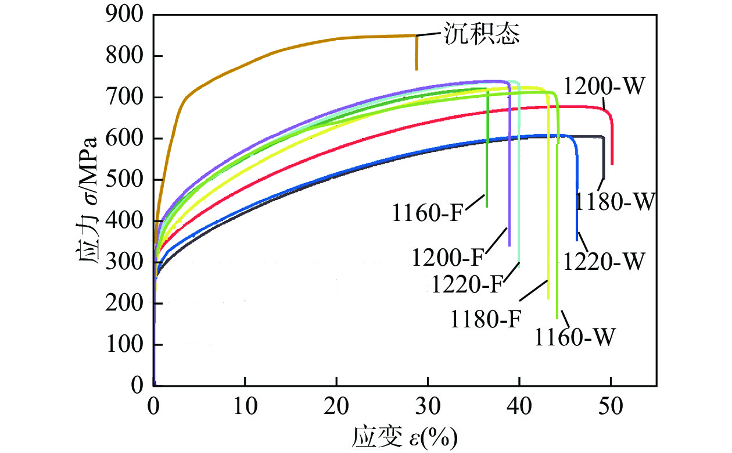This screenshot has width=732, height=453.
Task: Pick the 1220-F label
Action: [467, 284]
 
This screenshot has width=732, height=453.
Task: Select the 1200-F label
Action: [449, 256]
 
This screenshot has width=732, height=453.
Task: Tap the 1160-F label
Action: [428, 213]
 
